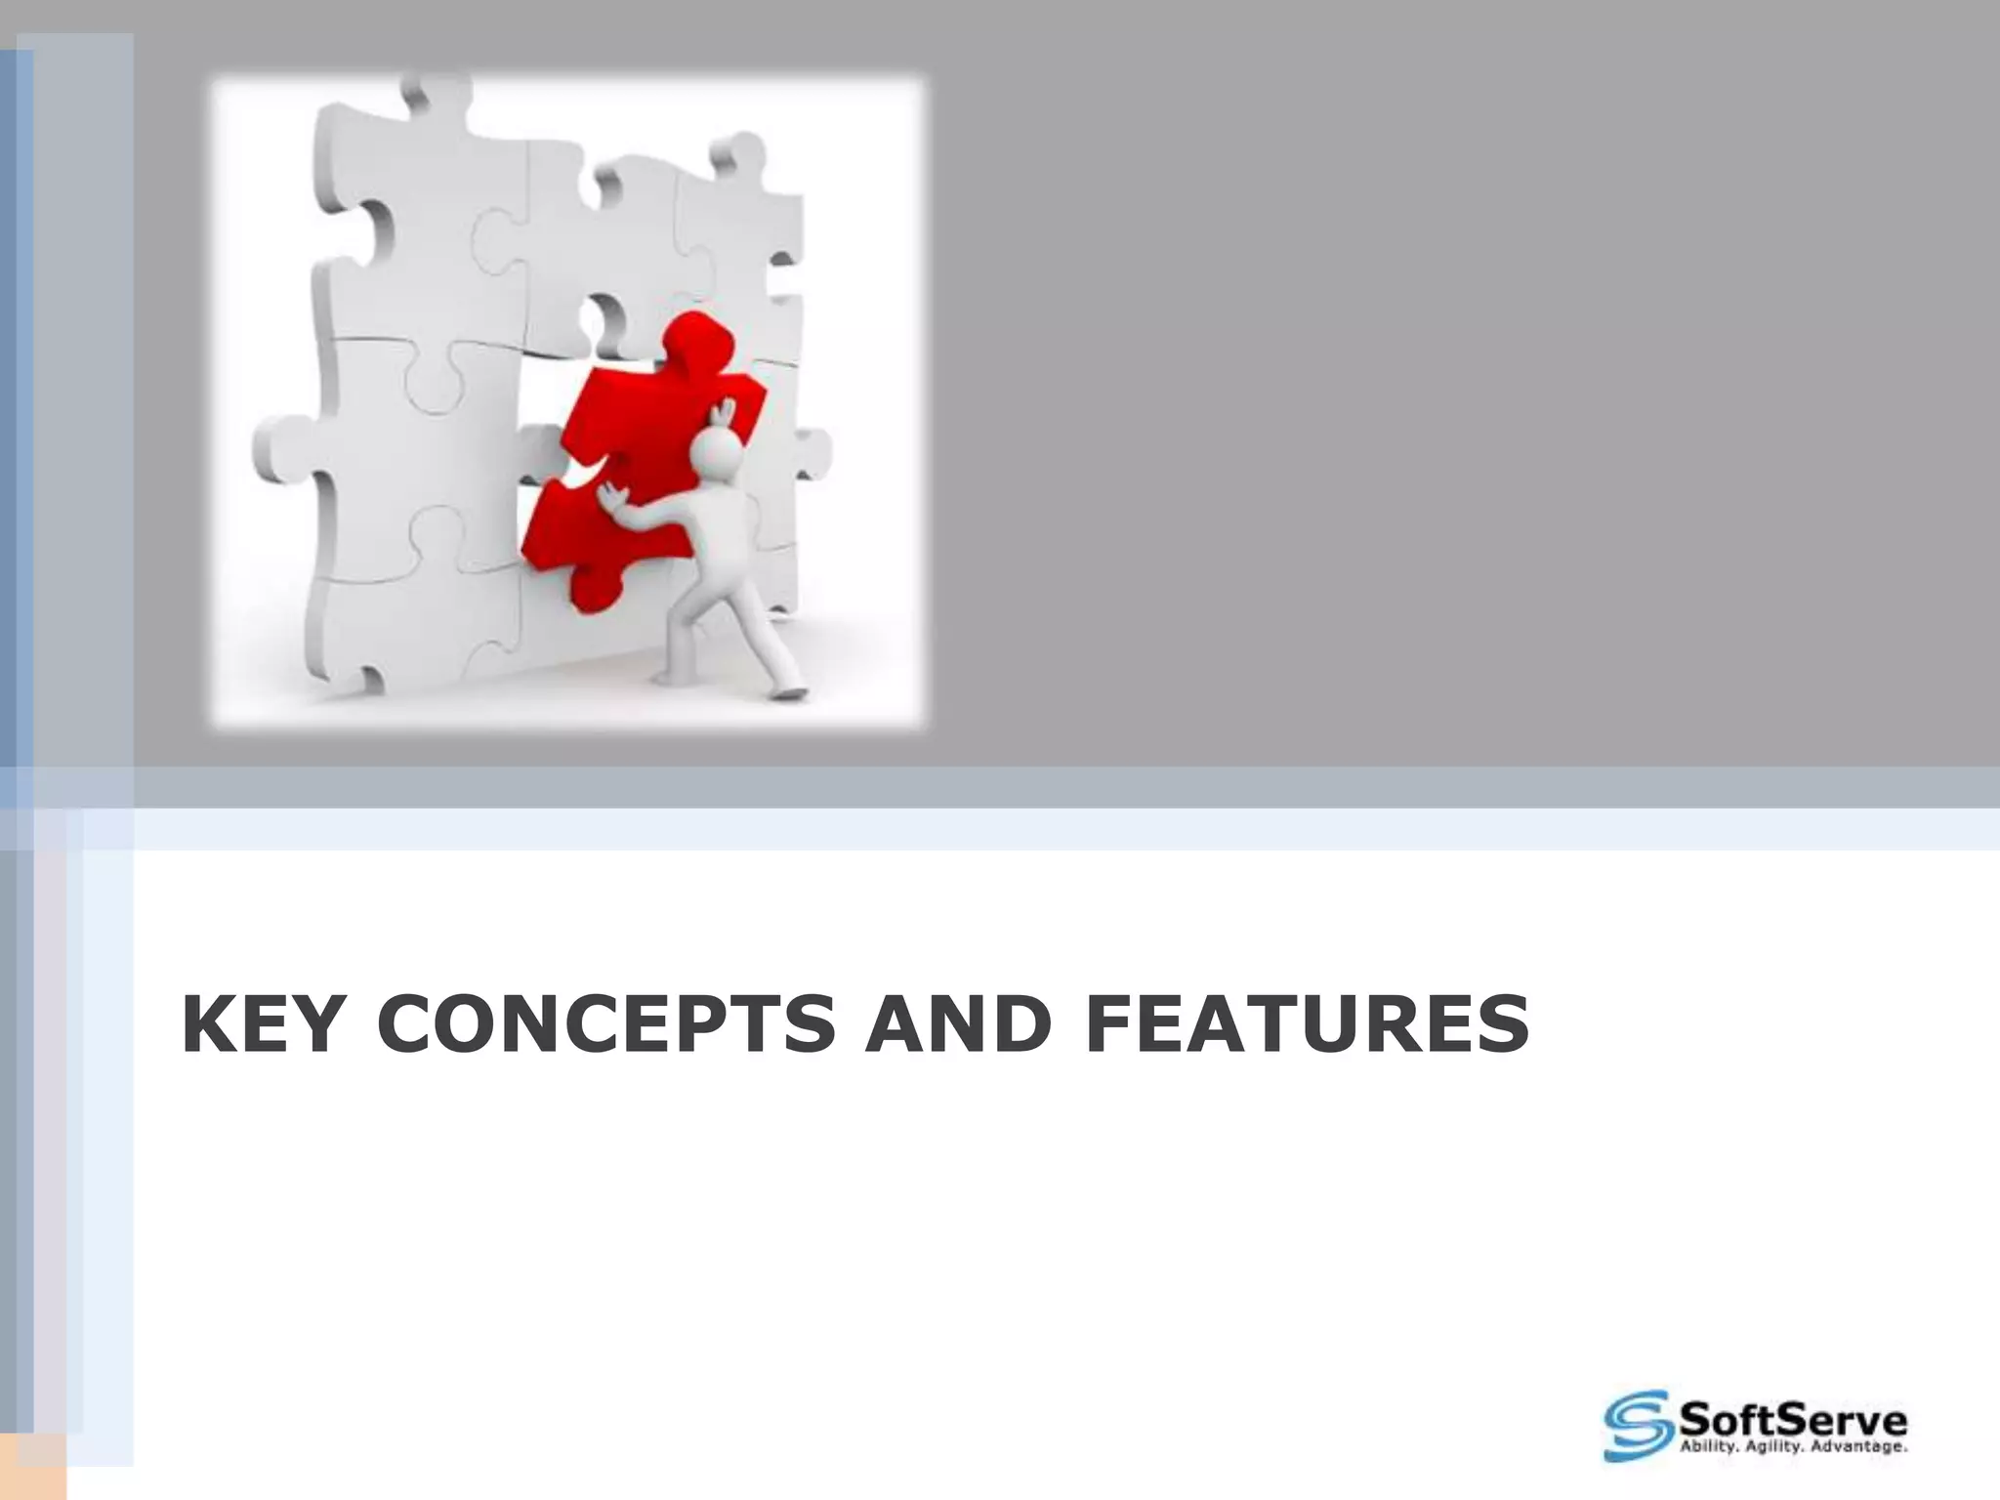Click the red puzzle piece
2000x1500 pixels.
[x=625, y=459]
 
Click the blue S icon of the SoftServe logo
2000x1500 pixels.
[x=1636, y=1425]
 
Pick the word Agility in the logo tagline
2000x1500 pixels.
[x=1771, y=1446]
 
